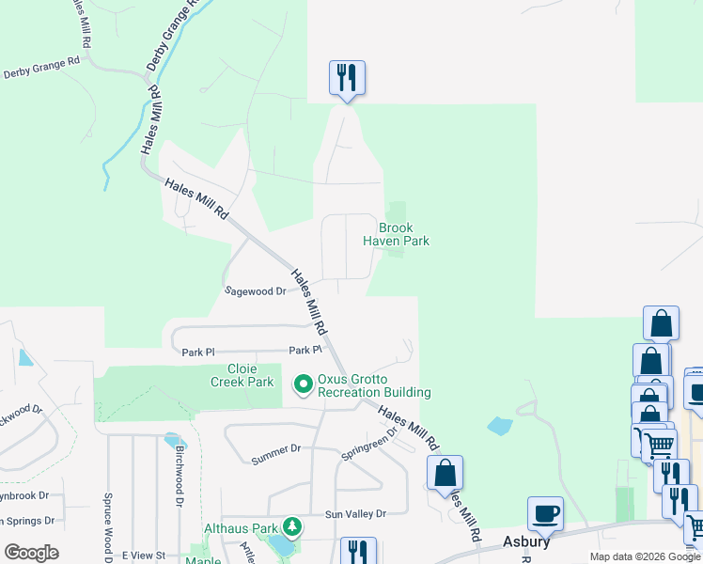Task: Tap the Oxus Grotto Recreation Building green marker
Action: [304, 384]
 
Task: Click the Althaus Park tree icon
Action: [293, 526]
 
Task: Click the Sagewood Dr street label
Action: [255, 291]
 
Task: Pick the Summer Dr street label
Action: [275, 454]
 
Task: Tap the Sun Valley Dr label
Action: [355, 514]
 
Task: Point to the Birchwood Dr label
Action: [180, 476]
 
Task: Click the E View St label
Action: [143, 556]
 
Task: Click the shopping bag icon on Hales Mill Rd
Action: [445, 473]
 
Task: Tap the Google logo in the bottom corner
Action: [31, 553]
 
